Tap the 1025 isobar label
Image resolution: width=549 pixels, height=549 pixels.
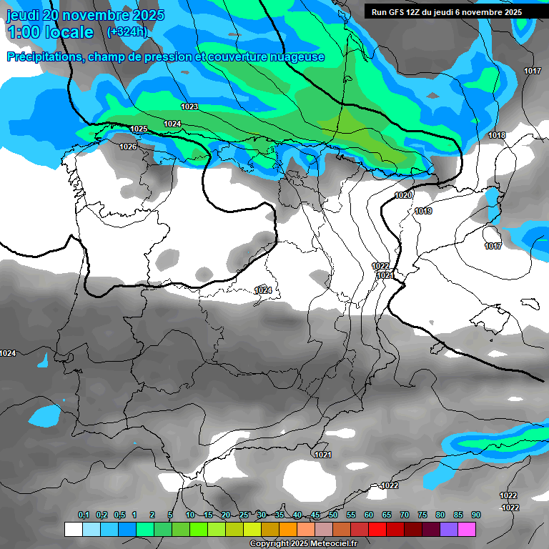[139, 129]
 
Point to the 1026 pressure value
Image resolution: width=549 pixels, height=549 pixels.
[128, 147]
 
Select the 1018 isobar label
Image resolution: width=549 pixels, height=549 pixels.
[497, 136]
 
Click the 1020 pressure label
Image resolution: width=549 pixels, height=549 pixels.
[403, 195]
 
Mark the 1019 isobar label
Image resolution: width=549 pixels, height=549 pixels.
[423, 211]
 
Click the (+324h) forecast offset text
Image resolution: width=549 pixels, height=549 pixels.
[127, 31]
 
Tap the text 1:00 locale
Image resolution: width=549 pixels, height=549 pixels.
[50, 32]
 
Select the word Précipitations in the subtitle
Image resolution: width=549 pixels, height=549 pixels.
[45, 57]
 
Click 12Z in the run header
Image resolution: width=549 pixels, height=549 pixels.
[420, 12]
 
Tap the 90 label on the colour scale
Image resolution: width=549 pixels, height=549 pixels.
[476, 515]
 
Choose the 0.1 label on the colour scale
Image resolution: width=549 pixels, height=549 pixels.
[84, 515]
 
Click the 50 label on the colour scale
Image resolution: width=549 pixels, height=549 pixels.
[333, 515]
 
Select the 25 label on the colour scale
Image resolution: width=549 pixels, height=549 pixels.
[244, 515]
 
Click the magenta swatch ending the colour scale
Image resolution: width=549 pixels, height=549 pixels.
[467, 530]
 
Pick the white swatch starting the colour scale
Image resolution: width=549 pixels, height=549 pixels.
[73, 530]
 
